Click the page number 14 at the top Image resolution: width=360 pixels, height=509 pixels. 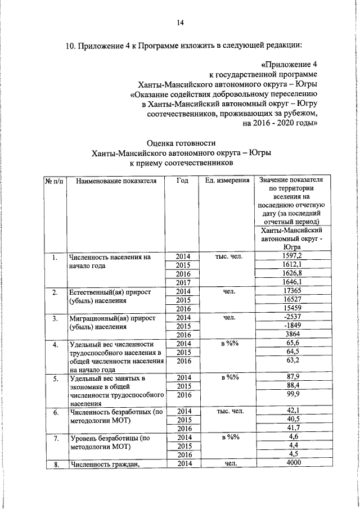coord(180,22)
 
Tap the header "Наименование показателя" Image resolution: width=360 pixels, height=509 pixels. coord(116,181)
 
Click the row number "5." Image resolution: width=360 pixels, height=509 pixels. coord(56,379)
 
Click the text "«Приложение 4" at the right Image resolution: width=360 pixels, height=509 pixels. coord(291,64)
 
